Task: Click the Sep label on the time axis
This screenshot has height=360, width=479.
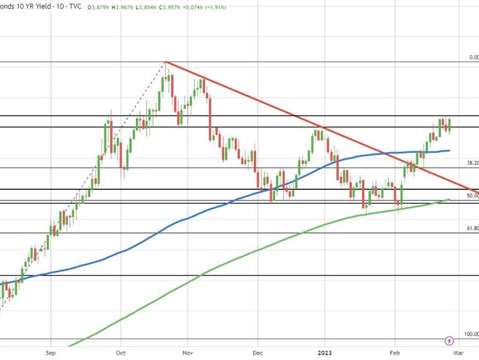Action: coord(51,353)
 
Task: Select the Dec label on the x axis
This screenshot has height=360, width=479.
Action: coord(258,353)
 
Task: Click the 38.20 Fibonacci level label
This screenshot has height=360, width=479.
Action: coord(472,163)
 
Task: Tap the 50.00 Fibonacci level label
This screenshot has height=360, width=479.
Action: coord(472,195)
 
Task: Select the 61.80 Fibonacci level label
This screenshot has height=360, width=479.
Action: coord(472,228)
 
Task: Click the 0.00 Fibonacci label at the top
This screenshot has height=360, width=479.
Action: coord(473,58)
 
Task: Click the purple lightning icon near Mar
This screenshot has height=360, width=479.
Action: coord(450,340)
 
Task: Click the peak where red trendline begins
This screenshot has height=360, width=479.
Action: coord(166,62)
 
